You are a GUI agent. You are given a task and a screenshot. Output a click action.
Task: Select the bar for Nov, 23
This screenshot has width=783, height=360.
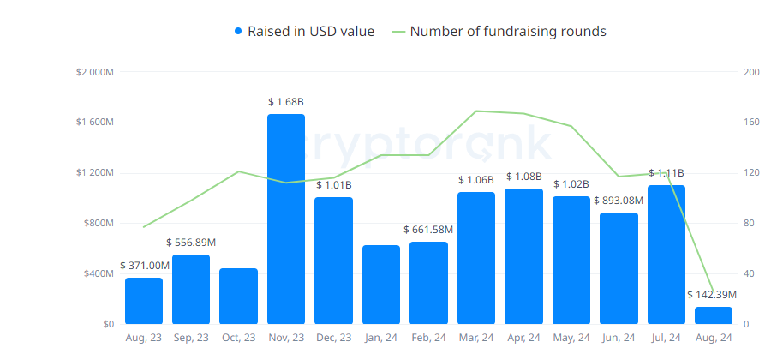point(286,219)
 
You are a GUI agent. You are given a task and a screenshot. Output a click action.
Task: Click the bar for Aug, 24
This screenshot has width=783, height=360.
point(713,315)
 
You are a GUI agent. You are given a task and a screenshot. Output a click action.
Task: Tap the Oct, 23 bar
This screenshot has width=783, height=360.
point(238,297)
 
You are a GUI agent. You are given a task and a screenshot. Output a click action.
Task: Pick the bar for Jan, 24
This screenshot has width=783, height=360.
point(380,285)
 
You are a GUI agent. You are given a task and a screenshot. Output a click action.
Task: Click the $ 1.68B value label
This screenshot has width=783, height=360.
point(286,102)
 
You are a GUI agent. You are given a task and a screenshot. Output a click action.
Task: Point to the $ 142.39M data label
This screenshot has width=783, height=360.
point(712,295)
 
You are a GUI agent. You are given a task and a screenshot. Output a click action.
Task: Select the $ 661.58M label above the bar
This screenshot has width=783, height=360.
point(428,230)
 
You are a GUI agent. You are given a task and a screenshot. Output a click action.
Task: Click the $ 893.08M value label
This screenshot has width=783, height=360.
point(619,201)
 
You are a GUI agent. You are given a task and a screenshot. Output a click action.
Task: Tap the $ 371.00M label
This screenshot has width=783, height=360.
point(145,266)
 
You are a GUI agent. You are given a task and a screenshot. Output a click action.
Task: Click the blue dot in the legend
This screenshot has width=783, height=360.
point(238,32)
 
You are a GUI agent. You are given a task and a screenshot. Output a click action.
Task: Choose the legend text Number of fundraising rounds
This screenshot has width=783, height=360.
point(508,32)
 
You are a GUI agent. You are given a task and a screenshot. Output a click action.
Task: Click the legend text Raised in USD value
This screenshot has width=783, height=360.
point(311,32)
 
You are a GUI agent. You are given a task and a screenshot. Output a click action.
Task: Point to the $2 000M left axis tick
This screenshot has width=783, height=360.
point(95,72)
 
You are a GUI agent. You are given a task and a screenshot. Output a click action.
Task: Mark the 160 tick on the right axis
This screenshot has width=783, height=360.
point(751,123)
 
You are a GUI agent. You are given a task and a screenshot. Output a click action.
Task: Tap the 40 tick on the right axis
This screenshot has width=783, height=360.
point(749,274)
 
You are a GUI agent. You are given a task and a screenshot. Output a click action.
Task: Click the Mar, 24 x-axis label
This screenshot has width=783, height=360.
point(475,338)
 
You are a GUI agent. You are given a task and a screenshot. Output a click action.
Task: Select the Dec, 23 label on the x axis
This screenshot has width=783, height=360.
point(333,338)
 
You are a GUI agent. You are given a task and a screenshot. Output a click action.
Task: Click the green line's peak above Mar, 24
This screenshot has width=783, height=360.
point(475,111)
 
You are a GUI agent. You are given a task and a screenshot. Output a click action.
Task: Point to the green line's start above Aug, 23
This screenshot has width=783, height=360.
point(144,227)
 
